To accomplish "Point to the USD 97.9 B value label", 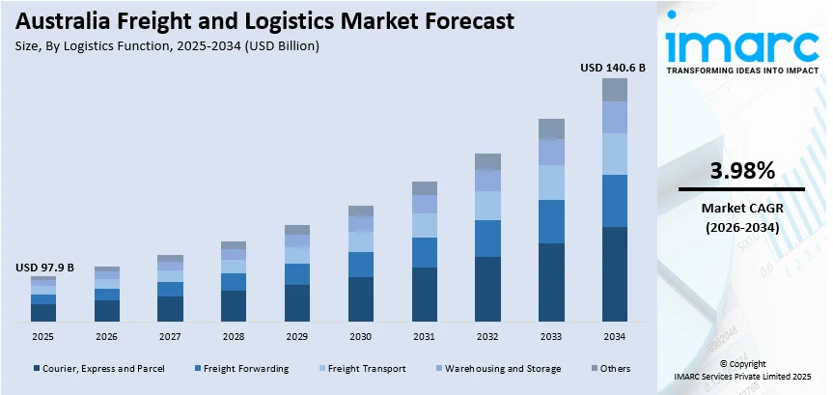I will coord(43,267).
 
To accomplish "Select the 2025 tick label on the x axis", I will coord(43,336).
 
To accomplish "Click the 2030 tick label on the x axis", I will coord(360,336).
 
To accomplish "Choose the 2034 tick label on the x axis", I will coord(614,336).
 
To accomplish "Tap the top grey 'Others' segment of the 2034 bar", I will coord(614,90).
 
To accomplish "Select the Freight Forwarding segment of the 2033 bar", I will coord(551,221).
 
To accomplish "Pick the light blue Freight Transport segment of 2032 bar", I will coord(487,205).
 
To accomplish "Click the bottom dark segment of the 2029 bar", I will coord(297,302).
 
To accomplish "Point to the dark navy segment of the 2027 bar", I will coord(170,308).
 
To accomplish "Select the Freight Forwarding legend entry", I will coord(244,368).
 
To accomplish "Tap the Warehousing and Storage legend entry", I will coord(502,368).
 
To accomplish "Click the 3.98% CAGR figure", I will coord(741,171).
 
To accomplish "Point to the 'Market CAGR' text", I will coord(741,208).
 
